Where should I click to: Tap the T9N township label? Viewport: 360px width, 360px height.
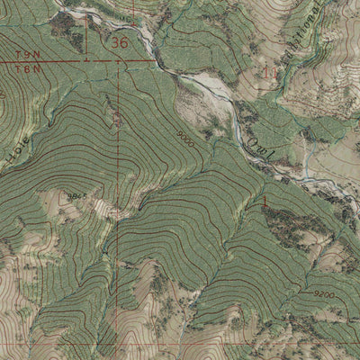[x=27, y=55]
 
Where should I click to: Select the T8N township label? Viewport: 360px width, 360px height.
[x=27, y=67]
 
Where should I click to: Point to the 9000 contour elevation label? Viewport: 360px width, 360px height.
[x=185, y=139]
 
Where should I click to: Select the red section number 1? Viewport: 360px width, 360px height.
[x=264, y=199]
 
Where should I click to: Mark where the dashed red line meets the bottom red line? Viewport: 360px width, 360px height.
[x=117, y=343]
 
